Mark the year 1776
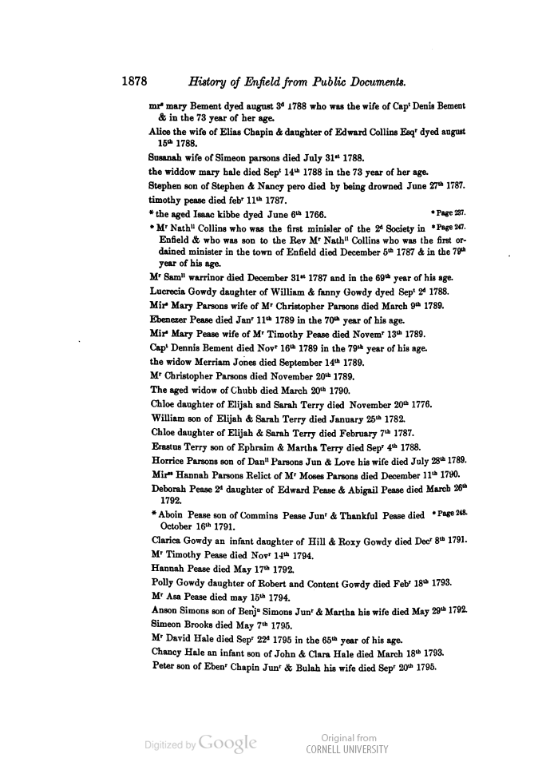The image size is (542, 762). (418, 405)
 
